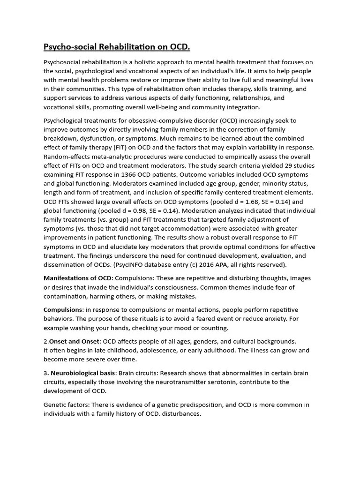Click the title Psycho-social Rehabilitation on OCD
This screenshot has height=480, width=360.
[x=117, y=47]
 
